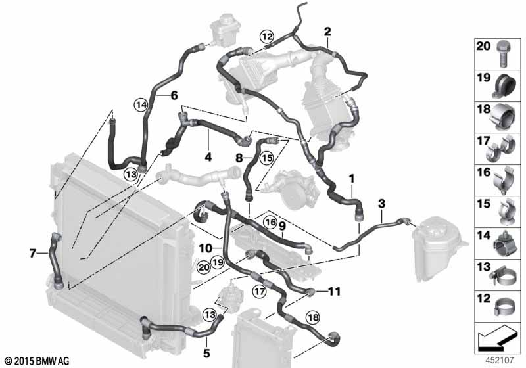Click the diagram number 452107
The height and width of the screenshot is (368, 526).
coord(500,360)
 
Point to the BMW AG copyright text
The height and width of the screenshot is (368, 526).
coord(37,361)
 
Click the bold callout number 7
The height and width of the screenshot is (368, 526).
coord(32,254)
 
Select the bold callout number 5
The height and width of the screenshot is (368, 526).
coord(206,353)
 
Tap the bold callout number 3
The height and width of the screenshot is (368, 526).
coord(381,204)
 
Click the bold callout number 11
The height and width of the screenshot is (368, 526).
coord(334,292)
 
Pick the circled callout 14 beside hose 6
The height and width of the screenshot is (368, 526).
coord(141,105)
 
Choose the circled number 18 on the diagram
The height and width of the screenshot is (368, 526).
coord(313,317)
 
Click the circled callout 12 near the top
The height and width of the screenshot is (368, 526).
coord(267,36)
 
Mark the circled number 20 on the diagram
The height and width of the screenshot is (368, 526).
coord(204,267)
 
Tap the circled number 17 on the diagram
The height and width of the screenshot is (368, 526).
coord(260,291)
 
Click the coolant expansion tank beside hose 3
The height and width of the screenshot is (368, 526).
coord(435,247)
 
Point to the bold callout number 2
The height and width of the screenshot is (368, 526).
coord(327,32)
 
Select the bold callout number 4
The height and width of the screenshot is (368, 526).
coord(208,157)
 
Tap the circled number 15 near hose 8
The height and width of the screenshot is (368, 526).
coord(267,158)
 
